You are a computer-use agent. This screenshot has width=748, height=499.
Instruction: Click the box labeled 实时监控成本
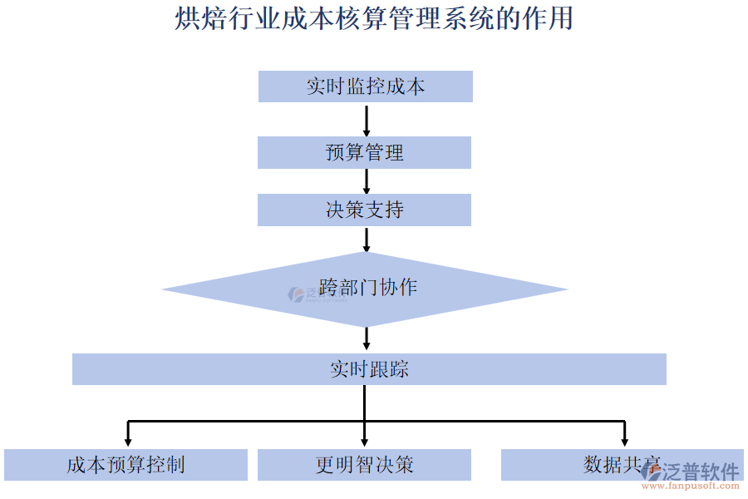[365, 86]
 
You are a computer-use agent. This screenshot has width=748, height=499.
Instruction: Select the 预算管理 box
[364, 153]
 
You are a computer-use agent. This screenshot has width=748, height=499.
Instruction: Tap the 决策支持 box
[364, 210]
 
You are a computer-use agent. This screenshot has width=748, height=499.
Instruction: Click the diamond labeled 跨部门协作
[366, 289]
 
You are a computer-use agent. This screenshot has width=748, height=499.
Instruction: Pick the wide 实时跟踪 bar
[369, 369]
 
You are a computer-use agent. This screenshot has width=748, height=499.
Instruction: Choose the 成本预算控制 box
[125, 465]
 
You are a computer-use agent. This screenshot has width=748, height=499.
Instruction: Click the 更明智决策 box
[364, 465]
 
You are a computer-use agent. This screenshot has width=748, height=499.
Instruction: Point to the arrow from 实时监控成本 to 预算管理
[367, 120]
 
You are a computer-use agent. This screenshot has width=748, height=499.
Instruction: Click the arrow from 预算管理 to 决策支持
[367, 181]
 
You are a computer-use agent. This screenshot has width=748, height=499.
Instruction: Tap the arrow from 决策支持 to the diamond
[367, 239]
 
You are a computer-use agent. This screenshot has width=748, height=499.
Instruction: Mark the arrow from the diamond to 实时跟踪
[367, 338]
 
